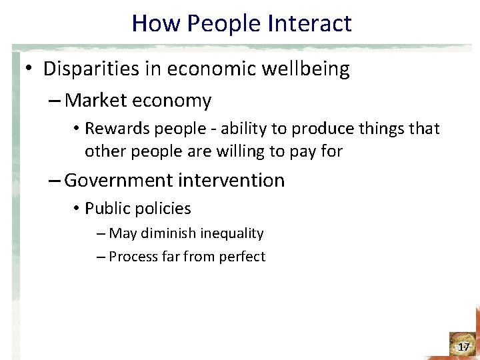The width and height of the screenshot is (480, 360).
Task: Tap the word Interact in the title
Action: [x=309, y=23]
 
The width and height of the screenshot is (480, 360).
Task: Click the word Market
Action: [x=97, y=101]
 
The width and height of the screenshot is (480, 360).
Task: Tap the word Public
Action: [x=104, y=209]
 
